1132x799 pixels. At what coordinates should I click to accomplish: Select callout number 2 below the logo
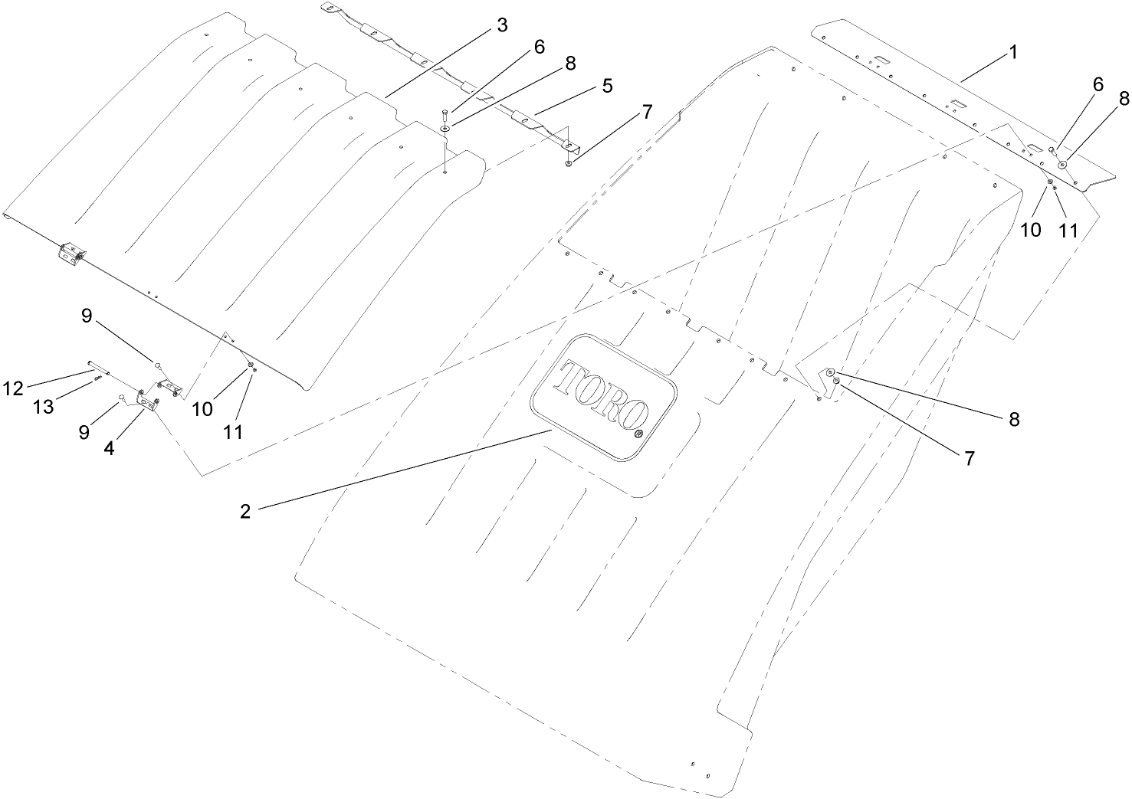click(245, 512)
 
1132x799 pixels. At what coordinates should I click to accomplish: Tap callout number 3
click(502, 25)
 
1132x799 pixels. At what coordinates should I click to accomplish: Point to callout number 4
click(110, 449)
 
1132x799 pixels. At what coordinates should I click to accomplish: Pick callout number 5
click(607, 86)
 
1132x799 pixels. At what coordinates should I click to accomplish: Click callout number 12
click(14, 388)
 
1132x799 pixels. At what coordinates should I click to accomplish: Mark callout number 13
click(43, 407)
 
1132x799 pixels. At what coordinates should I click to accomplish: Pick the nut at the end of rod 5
click(567, 162)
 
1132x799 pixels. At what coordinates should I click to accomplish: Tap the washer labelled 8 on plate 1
click(1062, 165)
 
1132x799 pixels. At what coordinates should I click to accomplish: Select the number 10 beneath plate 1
click(1031, 229)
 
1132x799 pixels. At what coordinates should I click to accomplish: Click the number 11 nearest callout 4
click(233, 432)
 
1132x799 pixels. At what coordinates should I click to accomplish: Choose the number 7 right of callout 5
click(646, 112)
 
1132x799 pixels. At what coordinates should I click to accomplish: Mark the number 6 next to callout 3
click(539, 47)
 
